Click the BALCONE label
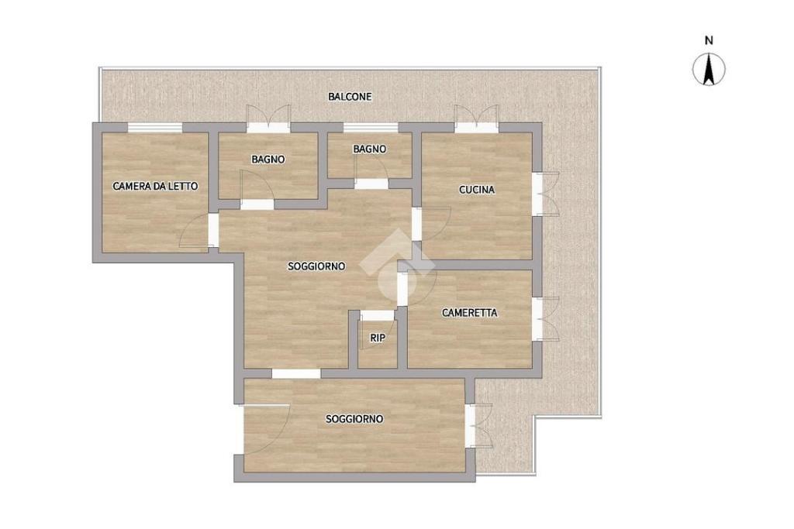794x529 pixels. point(350,96)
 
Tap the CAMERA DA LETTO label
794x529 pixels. point(155,186)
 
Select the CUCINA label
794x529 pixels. point(477,190)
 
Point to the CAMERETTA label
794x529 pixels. point(469,313)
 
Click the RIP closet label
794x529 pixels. point(378,338)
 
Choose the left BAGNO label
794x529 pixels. point(268,160)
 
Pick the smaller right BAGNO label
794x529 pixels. point(370,149)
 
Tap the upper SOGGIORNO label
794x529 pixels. point(316,266)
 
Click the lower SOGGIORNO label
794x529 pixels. point(354,419)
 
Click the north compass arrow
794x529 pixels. point(709,70)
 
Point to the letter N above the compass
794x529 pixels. point(709,40)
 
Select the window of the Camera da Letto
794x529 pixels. point(154,128)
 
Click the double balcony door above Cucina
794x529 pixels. point(476,119)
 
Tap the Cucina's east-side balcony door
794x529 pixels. point(546,194)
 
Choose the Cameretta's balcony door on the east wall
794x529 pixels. point(546,318)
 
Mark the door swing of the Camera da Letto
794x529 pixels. point(195,231)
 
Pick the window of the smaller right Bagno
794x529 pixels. point(371,128)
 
